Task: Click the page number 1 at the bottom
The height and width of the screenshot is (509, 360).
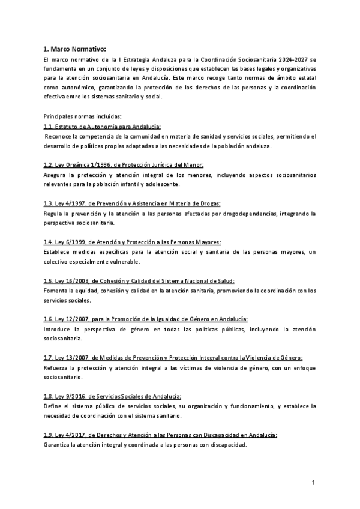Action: point(313,483)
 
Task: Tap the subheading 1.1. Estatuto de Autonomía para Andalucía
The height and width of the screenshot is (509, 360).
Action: point(102,127)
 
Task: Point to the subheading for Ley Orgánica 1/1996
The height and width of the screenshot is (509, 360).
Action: point(124,165)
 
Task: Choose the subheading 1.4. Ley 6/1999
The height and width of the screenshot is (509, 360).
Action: point(133,242)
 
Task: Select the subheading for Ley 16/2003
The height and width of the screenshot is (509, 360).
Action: point(139,280)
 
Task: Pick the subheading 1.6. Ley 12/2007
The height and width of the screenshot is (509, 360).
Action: point(146,319)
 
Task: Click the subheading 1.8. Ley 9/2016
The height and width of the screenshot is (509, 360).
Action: point(113,396)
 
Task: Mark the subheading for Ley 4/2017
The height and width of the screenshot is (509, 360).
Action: point(160,435)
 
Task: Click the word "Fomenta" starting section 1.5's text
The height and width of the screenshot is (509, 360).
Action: point(56,290)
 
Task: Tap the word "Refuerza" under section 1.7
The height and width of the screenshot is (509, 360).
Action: point(57,367)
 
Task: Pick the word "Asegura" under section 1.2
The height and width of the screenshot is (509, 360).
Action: point(56,175)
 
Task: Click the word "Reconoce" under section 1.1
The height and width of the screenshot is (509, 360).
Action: point(59,136)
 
